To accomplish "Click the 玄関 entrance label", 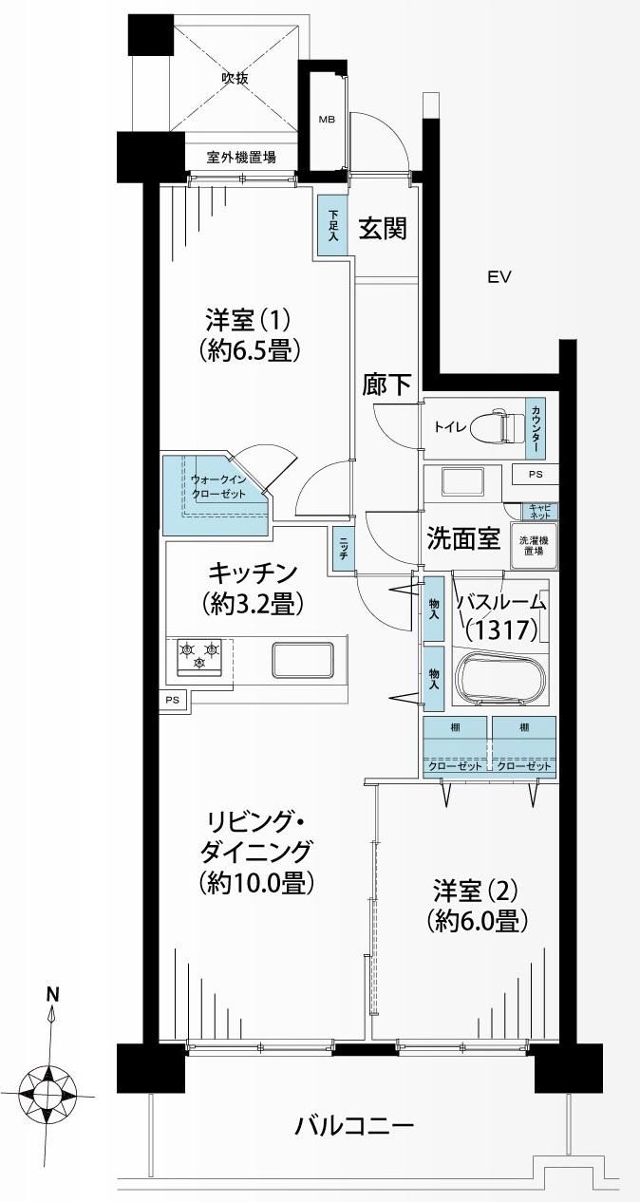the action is click(383, 228).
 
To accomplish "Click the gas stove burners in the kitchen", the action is click(199, 657).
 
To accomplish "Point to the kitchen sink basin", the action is click(304, 661).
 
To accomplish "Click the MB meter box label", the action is click(327, 120).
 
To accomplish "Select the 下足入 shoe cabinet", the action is click(332, 225).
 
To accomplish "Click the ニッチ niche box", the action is click(341, 550).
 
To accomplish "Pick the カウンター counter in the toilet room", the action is click(536, 428).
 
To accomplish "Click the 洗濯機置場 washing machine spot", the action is click(533, 545).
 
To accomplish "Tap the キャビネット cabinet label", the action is click(539, 511).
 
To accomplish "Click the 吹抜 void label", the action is click(235, 78).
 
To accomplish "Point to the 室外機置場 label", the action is click(241, 158).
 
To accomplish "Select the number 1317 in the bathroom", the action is click(501, 629).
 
